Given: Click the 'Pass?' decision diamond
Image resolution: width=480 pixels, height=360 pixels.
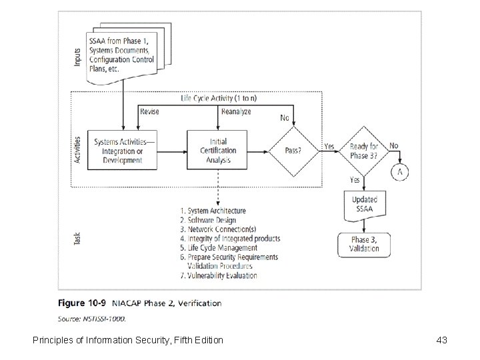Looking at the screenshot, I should click(x=293, y=151).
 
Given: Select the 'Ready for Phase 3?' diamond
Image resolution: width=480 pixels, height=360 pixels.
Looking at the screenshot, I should click(x=364, y=151).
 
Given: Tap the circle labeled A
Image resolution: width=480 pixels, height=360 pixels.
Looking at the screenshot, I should click(x=400, y=171).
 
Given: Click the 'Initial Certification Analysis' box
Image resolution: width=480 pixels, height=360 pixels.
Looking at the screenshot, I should click(x=218, y=151).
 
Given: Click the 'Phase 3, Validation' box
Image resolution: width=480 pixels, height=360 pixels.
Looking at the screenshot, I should click(x=364, y=244).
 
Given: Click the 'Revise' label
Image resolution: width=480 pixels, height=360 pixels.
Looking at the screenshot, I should click(x=150, y=112).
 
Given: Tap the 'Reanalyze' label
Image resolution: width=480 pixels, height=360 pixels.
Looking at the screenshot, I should click(x=236, y=112).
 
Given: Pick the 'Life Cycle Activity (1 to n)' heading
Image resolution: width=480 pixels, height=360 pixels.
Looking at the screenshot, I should click(x=219, y=99).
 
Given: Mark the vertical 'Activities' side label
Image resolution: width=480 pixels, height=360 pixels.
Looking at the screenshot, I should click(x=78, y=151).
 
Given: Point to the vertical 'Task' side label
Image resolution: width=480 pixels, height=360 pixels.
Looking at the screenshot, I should click(x=78, y=239).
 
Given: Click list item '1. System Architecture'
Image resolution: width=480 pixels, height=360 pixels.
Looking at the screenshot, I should click(x=213, y=211).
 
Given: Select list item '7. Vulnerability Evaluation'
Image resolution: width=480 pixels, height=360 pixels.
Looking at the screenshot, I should click(x=218, y=275).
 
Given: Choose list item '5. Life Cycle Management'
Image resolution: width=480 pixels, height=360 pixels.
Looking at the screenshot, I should click(x=218, y=248).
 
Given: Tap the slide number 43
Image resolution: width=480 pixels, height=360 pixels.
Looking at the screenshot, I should click(x=441, y=340).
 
